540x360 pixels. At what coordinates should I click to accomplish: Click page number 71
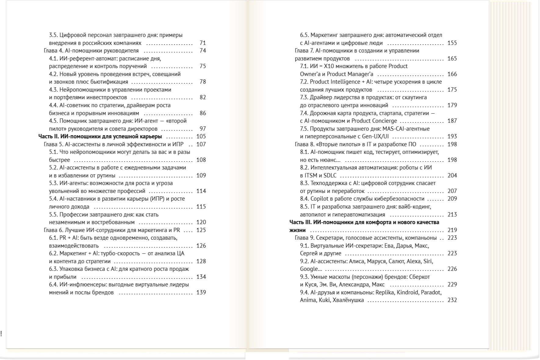(x=203, y=43)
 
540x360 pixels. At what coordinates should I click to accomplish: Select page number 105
(x=201, y=136)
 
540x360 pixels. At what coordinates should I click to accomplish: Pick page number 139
(x=201, y=293)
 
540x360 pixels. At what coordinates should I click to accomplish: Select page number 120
(x=201, y=222)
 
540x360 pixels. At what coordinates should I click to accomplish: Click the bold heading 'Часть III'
(x=300, y=222)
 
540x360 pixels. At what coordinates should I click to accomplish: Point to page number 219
(x=452, y=230)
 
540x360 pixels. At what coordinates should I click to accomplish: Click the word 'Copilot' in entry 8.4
(x=320, y=199)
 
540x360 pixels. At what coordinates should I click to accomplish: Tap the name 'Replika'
(x=385, y=293)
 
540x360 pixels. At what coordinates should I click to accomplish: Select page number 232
(x=452, y=300)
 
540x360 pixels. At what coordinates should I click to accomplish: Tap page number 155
(x=452, y=43)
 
